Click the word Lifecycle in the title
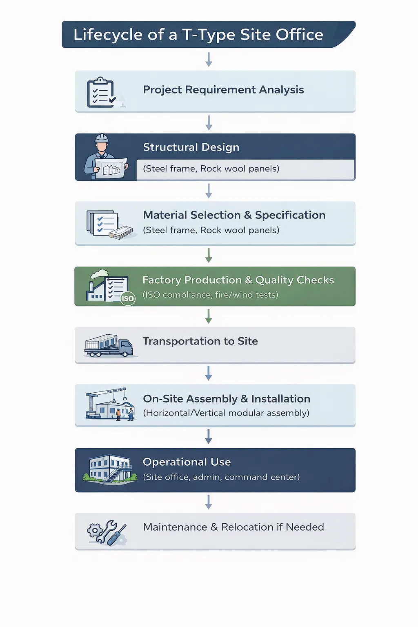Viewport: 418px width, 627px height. click(108, 35)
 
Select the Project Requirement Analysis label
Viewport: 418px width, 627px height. click(223, 90)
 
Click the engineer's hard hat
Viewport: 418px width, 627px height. click(102, 138)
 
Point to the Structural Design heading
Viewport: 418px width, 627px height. click(191, 147)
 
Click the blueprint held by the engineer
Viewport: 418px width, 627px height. click(111, 168)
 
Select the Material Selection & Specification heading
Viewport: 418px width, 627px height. click(234, 215)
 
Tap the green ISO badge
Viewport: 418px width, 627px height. click(128, 298)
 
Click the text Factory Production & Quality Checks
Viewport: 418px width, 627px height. click(238, 280)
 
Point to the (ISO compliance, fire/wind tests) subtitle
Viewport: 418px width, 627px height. click(211, 295)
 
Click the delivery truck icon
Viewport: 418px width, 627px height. click(109, 346)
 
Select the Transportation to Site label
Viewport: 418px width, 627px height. click(200, 341)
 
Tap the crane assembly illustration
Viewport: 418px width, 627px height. click(110, 404)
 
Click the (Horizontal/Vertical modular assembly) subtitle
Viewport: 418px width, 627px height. click(226, 413)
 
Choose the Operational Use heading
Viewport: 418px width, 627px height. click(187, 462)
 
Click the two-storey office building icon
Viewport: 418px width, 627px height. click(110, 469)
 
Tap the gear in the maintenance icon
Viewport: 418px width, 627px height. click(95, 530)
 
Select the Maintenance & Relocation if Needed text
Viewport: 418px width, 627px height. click(233, 527)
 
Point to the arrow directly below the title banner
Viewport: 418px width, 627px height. click(209, 60)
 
